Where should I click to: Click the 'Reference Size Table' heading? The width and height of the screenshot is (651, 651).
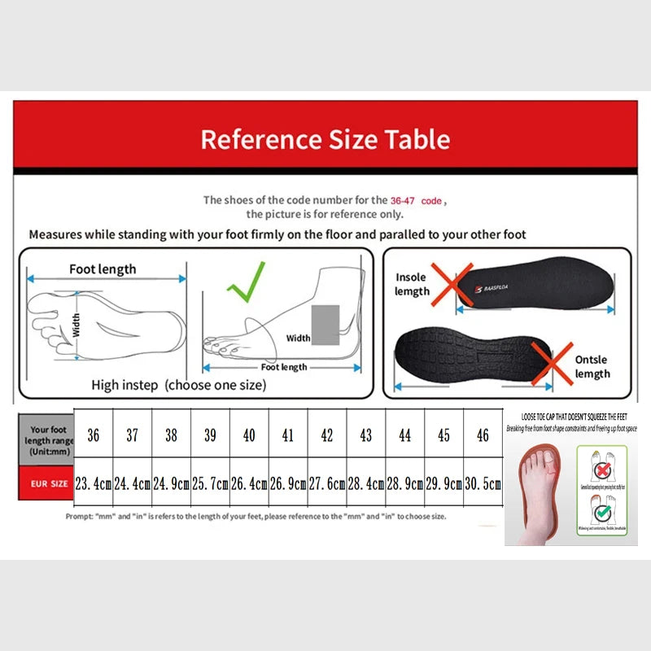325,139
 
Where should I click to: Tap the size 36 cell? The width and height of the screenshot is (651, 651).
94,436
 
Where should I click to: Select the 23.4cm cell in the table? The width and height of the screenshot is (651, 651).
94,483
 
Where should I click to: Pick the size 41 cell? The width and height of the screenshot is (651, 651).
287,436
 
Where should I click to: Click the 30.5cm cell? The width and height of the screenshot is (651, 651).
483,483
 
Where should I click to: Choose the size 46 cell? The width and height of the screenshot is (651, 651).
483,436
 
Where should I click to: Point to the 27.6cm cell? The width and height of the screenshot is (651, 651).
326,483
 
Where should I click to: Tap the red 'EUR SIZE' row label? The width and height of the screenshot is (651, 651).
50,483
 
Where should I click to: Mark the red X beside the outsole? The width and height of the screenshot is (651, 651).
552,364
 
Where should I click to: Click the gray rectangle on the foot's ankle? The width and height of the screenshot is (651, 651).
325,324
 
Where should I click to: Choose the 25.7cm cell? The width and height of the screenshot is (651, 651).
210,483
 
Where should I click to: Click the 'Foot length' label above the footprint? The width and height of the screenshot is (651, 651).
103,269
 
